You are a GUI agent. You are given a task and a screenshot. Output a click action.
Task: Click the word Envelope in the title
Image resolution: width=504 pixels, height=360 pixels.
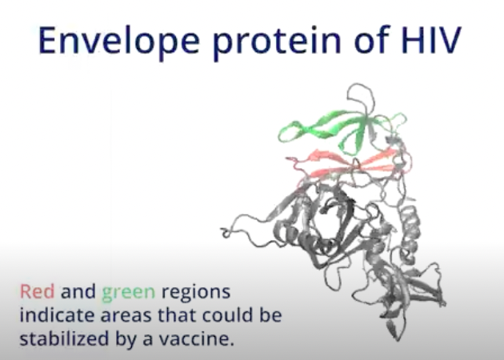point(119,41)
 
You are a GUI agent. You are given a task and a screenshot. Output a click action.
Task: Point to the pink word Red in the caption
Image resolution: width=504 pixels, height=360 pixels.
point(37,291)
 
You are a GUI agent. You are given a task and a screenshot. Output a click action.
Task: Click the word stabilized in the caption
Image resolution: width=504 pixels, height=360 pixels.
point(64,338)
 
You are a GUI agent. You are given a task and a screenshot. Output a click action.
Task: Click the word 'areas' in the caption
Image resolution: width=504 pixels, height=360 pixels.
point(126,316)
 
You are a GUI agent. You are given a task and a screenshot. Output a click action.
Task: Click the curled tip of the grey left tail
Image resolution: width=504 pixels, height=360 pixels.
point(226,233)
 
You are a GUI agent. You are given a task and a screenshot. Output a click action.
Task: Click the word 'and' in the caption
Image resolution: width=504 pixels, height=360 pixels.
point(78,291)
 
